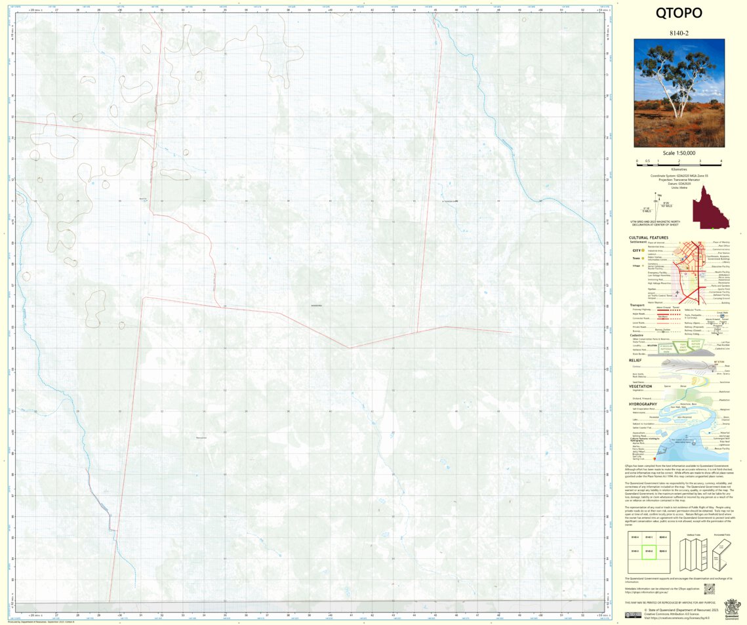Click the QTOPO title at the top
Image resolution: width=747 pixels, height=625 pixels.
point(679,13)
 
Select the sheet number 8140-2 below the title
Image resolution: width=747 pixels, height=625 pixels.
point(679,32)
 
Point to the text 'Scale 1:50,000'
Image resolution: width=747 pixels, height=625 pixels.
point(679,153)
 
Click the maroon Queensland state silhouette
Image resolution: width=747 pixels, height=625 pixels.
point(712,207)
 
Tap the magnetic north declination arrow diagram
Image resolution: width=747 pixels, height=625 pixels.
point(658,204)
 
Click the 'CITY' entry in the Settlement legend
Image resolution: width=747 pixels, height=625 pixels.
point(636,251)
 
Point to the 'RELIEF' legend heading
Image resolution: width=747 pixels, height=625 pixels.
point(636,360)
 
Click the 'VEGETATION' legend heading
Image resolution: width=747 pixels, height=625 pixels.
point(640,386)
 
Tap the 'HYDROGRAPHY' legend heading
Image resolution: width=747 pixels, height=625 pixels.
point(643,404)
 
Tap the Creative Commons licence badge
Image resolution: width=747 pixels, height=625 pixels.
point(633,615)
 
